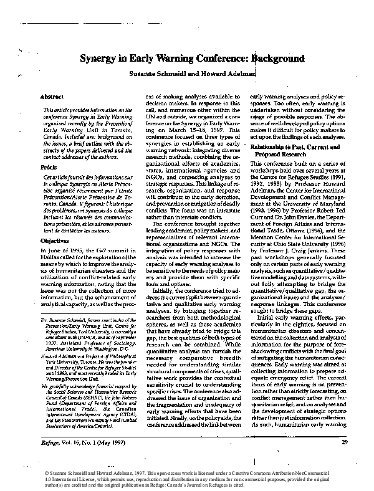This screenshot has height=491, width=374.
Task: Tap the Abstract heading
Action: [x=52, y=98]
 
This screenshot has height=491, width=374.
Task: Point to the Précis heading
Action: [x=49, y=166]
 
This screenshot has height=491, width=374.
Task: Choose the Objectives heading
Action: [x=54, y=239]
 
